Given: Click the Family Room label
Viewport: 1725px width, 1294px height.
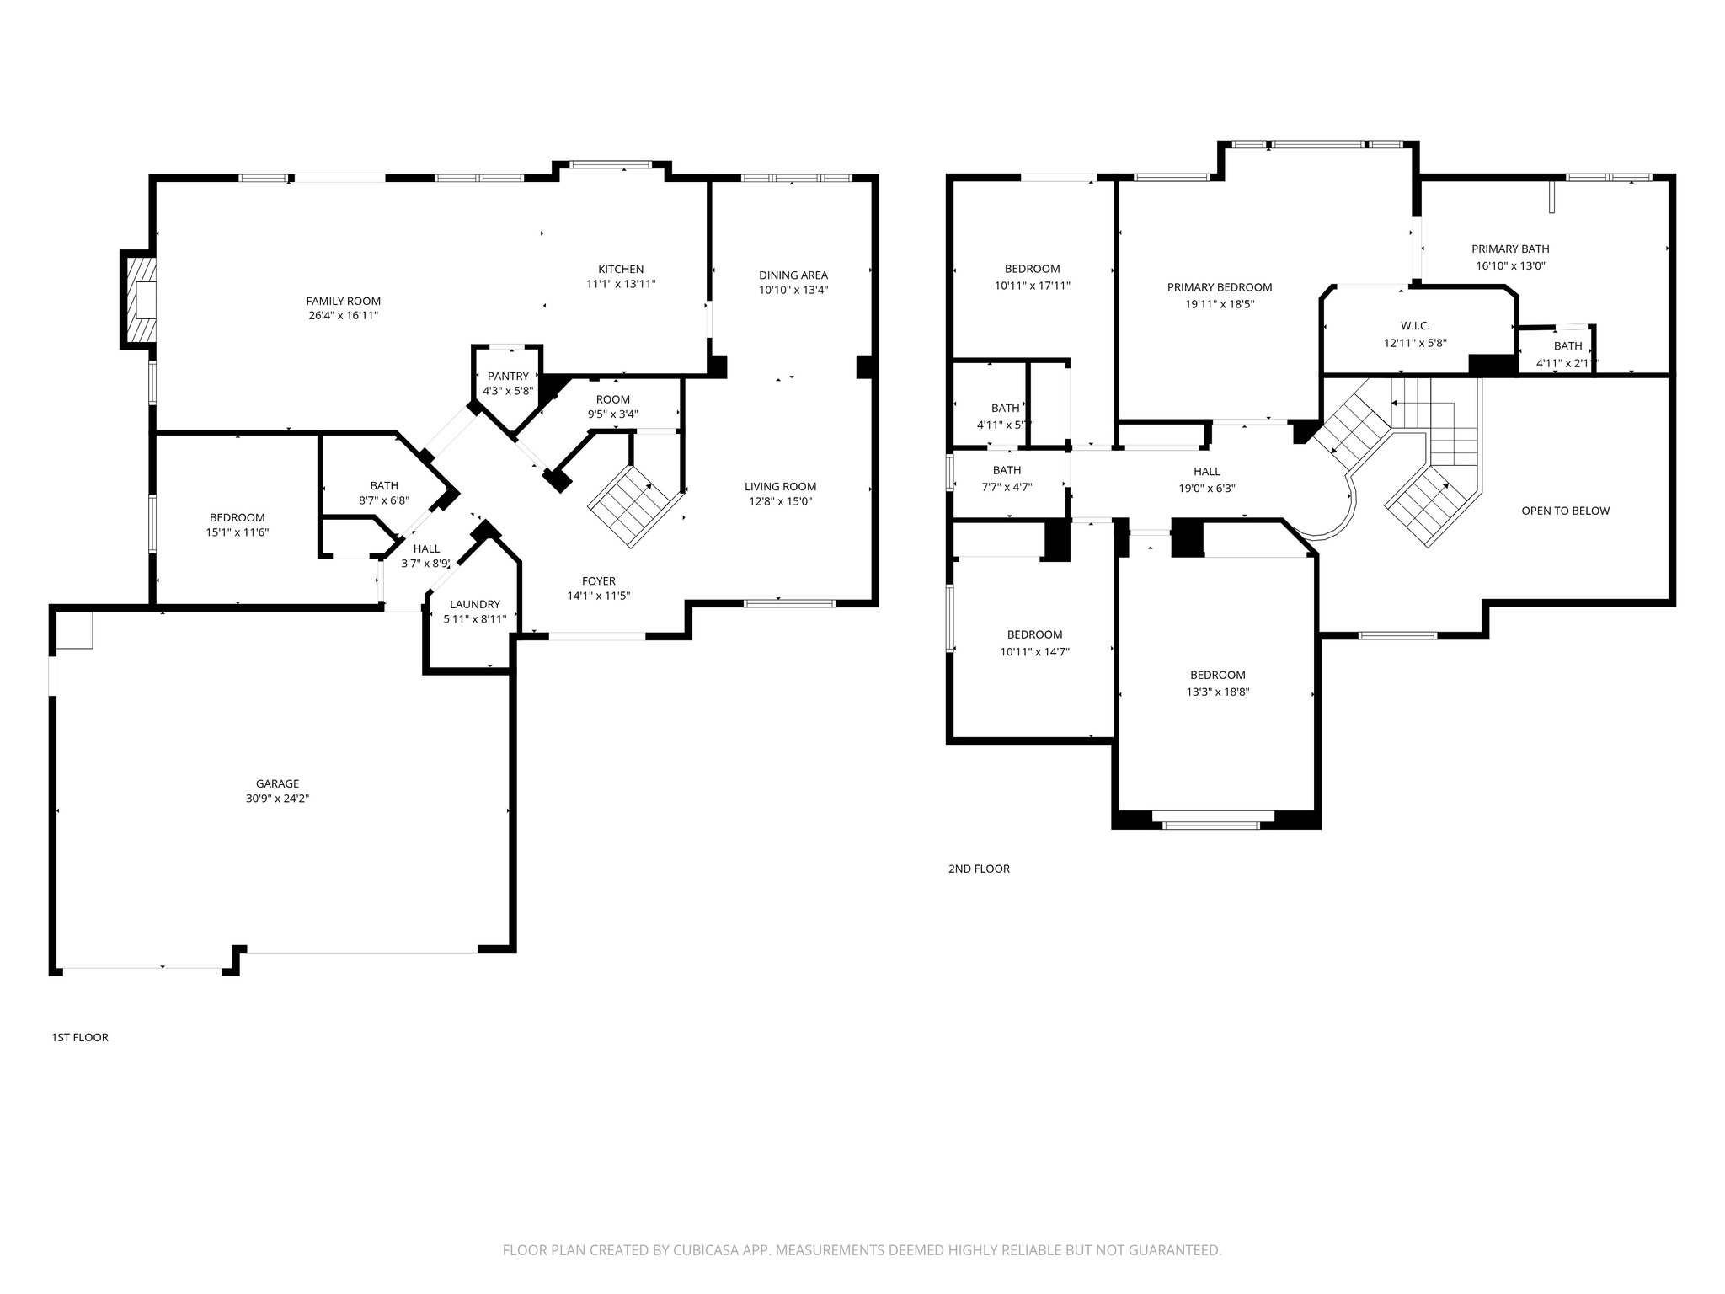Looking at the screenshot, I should [x=343, y=301].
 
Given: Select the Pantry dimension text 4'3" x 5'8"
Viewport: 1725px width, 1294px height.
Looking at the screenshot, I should [x=508, y=391].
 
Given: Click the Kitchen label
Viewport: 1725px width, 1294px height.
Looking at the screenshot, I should [x=621, y=270].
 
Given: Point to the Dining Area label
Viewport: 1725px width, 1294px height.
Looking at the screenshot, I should [x=793, y=275].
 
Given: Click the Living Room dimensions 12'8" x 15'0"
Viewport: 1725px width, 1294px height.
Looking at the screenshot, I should [x=780, y=501].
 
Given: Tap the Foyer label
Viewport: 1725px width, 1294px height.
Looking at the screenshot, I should [x=598, y=580].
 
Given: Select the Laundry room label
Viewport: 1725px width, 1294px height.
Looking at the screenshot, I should [x=474, y=604].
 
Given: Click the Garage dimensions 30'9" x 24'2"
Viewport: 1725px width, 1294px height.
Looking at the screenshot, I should [x=277, y=799].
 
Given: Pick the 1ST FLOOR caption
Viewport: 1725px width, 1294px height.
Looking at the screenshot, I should [x=80, y=1037].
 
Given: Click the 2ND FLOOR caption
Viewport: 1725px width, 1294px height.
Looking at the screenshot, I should [x=979, y=869].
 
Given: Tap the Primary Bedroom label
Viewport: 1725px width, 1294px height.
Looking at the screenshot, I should [x=1219, y=287].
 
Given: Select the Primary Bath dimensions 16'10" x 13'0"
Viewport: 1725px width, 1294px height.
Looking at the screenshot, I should [x=1510, y=265].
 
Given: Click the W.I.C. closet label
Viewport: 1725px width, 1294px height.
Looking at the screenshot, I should [x=1415, y=326].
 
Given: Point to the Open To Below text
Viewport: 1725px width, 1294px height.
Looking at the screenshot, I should [x=1565, y=511].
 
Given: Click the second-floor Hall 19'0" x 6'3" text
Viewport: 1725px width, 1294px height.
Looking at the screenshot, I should [x=1206, y=488].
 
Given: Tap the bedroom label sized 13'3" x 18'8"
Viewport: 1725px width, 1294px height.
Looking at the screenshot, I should [x=1217, y=675].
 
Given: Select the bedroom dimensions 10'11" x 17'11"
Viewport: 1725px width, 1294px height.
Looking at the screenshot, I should [x=1032, y=286].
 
